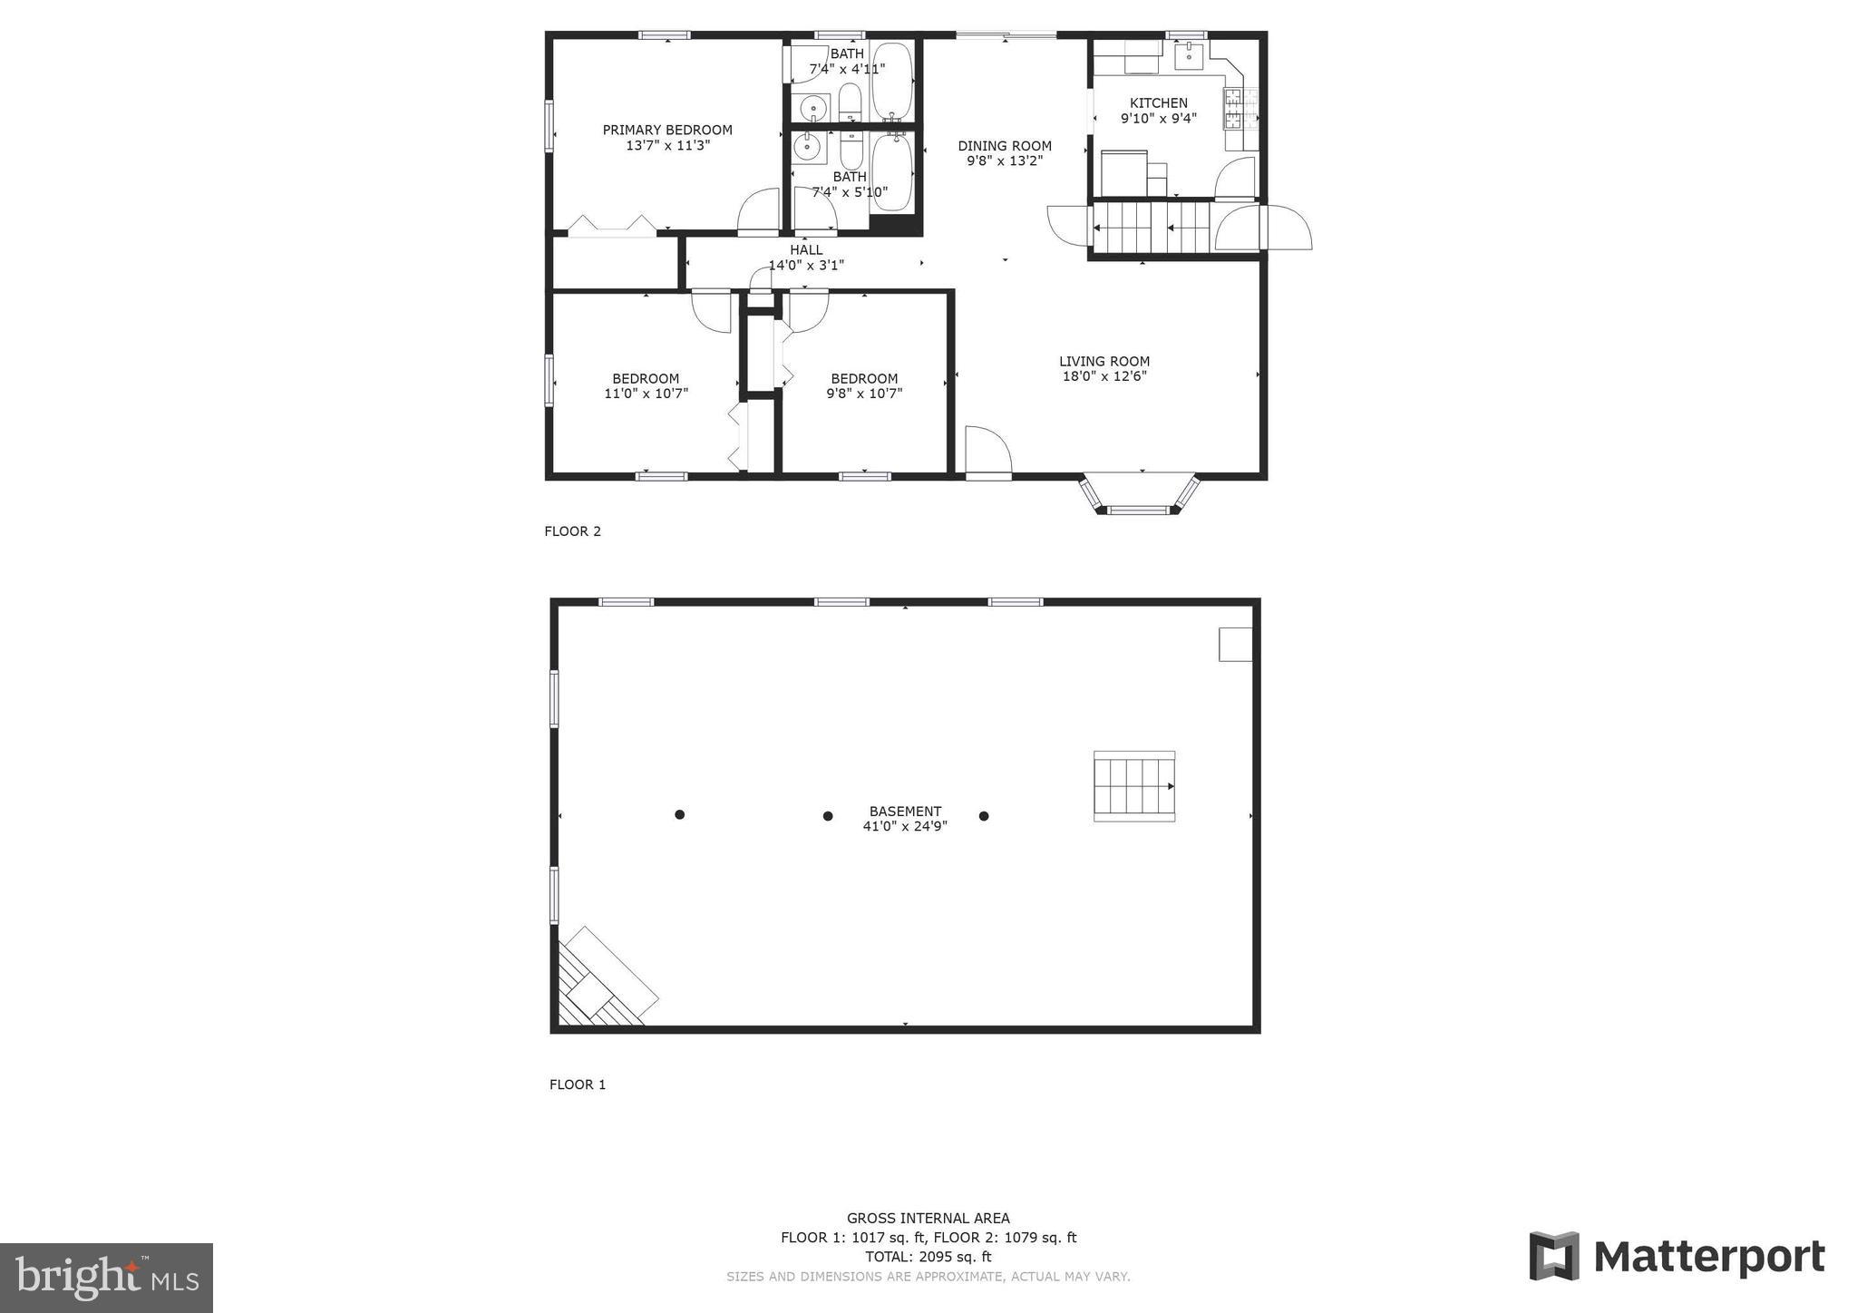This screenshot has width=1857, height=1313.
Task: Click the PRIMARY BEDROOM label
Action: (667, 131)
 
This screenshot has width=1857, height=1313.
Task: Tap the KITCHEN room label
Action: (1158, 103)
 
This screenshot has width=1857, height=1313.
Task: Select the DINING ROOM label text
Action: (1005, 146)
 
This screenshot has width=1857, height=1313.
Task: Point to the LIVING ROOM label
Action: (1104, 362)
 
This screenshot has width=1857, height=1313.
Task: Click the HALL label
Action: (806, 250)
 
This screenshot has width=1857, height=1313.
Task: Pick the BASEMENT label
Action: (905, 812)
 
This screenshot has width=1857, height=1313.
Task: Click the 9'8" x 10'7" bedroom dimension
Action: (864, 394)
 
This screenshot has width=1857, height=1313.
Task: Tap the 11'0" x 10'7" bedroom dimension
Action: (646, 394)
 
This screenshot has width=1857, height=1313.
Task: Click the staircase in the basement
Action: (1134, 786)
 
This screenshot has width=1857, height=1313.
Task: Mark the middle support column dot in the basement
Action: (828, 816)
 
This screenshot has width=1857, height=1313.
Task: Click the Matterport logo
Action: (1677, 1257)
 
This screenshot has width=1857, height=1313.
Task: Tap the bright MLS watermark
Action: (106, 1278)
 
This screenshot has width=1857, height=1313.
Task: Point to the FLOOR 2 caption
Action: (572, 531)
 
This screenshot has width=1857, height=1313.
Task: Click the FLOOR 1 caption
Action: (578, 1084)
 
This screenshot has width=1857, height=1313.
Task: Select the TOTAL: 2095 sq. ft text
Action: (928, 1257)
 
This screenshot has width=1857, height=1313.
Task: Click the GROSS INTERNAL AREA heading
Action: (928, 1219)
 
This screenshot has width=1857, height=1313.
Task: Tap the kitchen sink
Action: (1188, 55)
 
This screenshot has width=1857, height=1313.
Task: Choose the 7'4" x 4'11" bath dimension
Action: (847, 69)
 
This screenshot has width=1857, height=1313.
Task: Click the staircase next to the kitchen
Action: (1152, 228)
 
